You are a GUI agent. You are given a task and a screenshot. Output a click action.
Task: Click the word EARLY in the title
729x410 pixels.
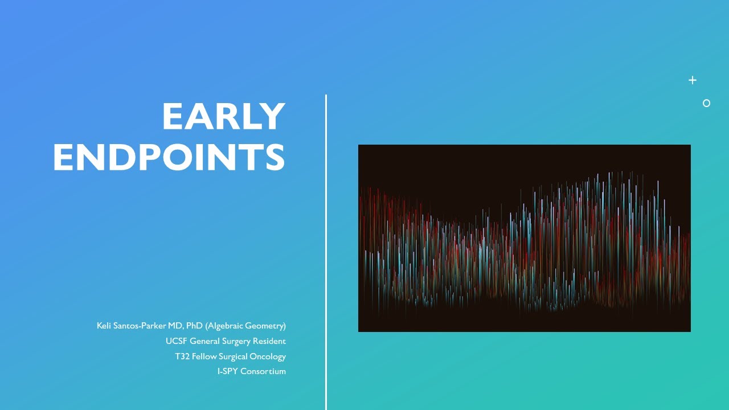coord(223,117)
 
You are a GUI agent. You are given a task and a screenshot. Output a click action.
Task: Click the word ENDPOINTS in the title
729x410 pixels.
coord(169,157)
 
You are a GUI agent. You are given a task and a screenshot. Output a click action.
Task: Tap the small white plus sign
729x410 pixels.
coord(693,80)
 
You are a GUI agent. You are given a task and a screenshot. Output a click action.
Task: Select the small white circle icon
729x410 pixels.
coord(706,103)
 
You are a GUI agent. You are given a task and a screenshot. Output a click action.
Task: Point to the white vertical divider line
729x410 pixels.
coord(326,251)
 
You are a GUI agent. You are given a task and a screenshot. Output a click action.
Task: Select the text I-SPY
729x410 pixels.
coord(227,371)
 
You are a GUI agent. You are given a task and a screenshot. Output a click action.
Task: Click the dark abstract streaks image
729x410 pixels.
coord(524,238)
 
